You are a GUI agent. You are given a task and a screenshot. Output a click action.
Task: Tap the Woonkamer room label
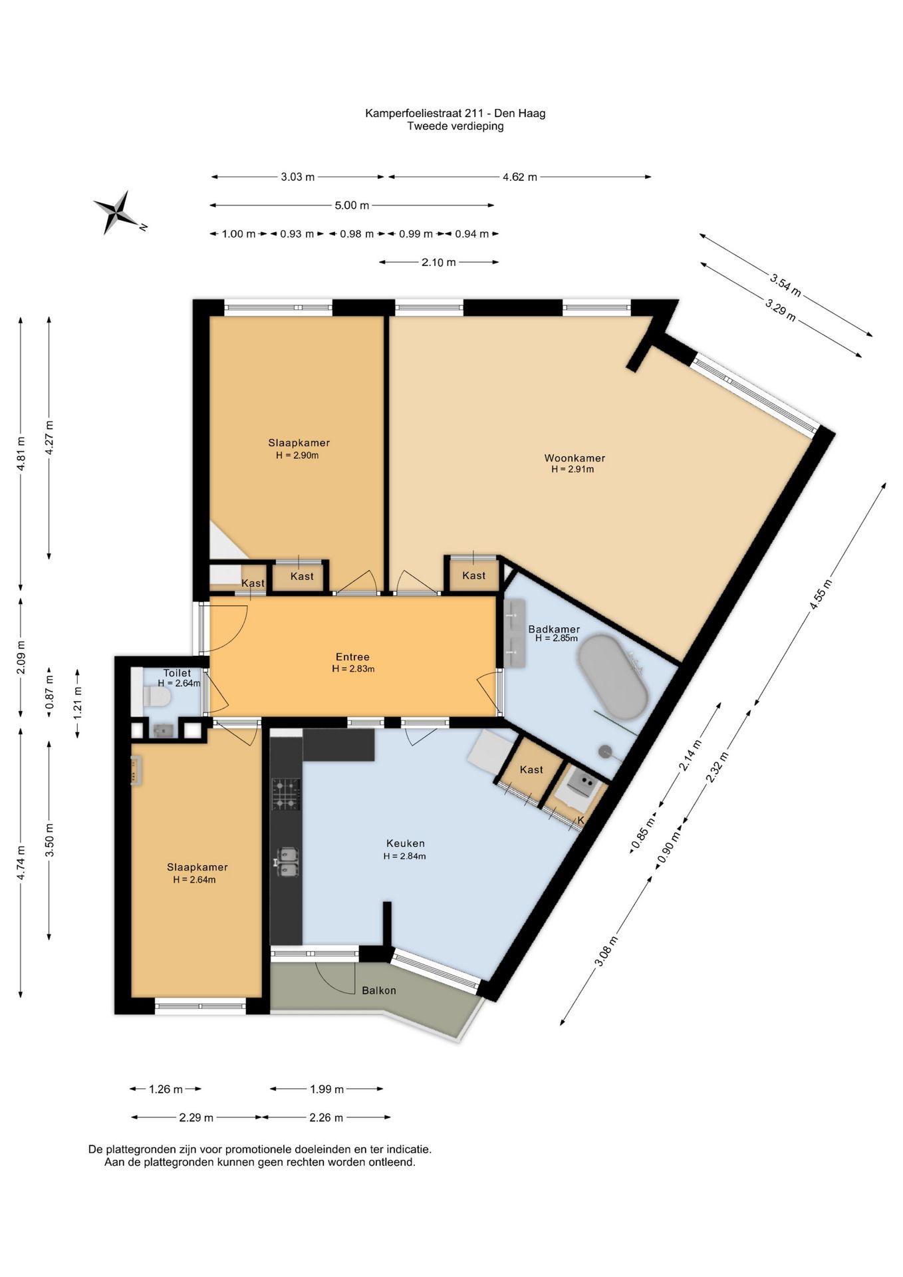pyautogui.click(x=575, y=458)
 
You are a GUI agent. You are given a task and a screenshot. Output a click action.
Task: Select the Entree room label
pyautogui.click(x=352, y=656)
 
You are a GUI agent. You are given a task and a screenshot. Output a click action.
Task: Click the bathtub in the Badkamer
pyautogui.click(x=612, y=677)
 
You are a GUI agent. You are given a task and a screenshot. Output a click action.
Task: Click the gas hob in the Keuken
pyautogui.click(x=286, y=794)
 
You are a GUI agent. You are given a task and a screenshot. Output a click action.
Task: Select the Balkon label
pyautogui.click(x=379, y=990)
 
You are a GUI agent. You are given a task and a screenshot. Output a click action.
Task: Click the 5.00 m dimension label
pyautogui.click(x=352, y=206)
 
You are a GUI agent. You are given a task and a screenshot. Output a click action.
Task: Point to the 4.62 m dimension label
pyautogui.click(x=520, y=177)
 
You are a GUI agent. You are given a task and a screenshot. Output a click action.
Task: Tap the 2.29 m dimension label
pyautogui.click(x=196, y=1117)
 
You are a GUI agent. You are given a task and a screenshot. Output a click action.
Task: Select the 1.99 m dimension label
pyautogui.click(x=327, y=1089)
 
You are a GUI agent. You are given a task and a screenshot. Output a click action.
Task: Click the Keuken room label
pyautogui.click(x=405, y=843)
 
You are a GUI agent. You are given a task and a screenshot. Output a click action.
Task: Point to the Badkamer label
pyautogui.click(x=554, y=629)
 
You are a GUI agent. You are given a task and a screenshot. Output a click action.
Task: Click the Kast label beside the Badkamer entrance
pyautogui.click(x=474, y=575)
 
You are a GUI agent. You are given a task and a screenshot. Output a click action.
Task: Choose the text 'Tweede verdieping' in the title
pyautogui.click(x=455, y=126)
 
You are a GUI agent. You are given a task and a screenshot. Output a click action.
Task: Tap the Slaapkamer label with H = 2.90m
pyautogui.click(x=299, y=443)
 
